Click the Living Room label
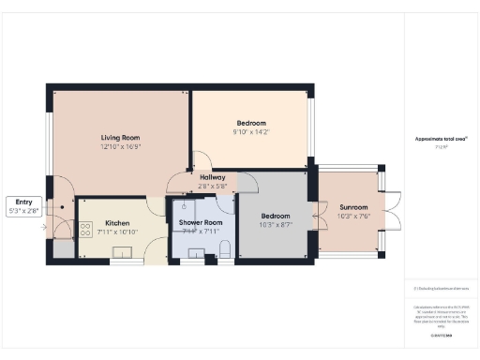(121, 138)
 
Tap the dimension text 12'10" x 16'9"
(121, 146)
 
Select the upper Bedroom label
(250, 123)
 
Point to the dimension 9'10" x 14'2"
(250, 132)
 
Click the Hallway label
(213, 176)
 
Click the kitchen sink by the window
(123, 251)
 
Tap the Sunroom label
(353, 207)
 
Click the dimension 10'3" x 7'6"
(353, 217)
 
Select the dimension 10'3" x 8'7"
(276, 224)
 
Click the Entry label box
(23, 205)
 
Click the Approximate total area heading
(442, 139)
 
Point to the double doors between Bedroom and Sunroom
(317, 217)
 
